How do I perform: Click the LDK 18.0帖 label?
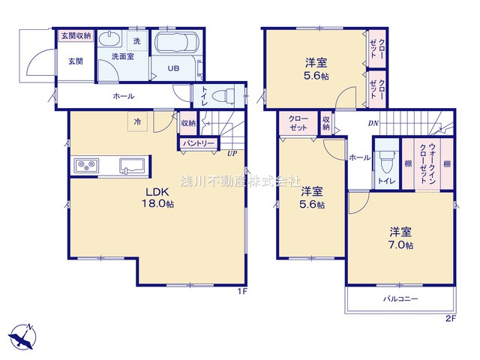159,197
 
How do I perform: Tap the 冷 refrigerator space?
137,120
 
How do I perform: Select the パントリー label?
197,142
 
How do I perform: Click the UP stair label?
232,154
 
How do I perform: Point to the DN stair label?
373,124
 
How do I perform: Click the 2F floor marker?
449,319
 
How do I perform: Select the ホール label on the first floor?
124,96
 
